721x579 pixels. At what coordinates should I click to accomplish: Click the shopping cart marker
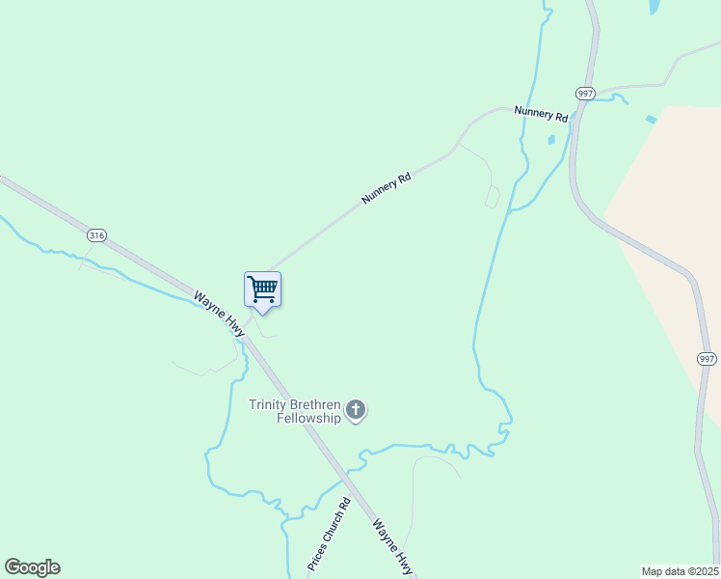(262, 289)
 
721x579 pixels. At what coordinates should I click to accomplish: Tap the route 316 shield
(95, 235)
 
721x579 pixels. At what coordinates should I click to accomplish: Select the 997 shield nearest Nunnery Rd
(585, 93)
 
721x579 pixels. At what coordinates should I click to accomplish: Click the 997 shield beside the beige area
(707, 359)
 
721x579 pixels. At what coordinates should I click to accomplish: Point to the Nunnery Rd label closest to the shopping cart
(387, 188)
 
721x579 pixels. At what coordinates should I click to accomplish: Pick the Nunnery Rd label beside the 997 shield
(541, 114)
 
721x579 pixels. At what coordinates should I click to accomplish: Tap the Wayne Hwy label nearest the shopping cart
(218, 313)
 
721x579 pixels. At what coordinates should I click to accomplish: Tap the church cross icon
(356, 411)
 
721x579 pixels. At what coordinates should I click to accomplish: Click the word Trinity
(271, 405)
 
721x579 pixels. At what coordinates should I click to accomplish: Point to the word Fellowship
(308, 419)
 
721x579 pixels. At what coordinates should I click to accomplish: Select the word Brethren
(319, 405)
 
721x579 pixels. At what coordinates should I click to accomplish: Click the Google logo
(32, 567)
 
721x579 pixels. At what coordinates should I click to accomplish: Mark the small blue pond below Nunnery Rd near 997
(551, 140)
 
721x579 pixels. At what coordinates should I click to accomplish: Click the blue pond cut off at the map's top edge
(655, 6)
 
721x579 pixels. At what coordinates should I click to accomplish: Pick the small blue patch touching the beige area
(651, 120)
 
